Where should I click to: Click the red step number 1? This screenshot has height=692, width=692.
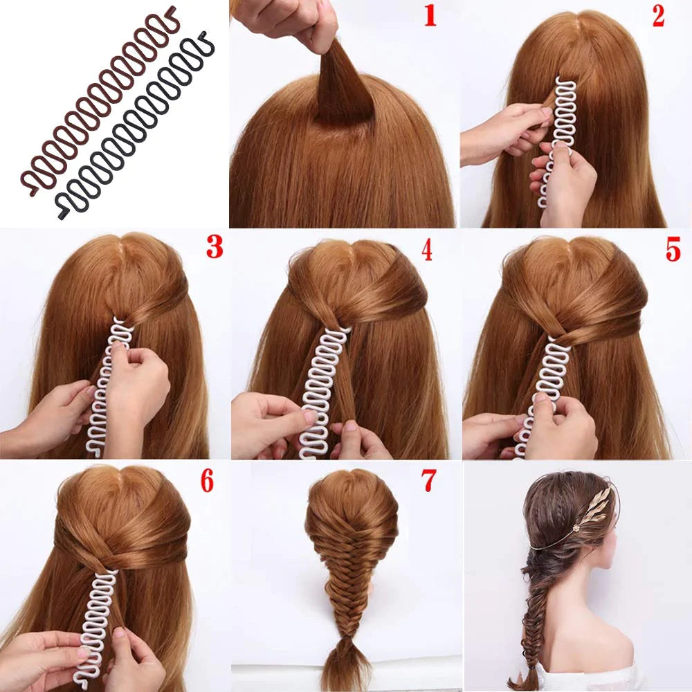(x=430, y=17)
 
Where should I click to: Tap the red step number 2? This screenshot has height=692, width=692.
(x=657, y=16)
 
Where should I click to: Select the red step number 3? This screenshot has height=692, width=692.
(x=215, y=247)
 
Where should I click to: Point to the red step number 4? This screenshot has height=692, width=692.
(x=426, y=251)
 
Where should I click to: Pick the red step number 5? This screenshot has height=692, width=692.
(x=673, y=250)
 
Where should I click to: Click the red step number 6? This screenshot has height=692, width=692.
(x=207, y=481)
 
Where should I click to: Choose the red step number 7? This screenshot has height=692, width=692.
(x=428, y=480)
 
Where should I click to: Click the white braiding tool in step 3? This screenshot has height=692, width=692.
(x=106, y=384)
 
